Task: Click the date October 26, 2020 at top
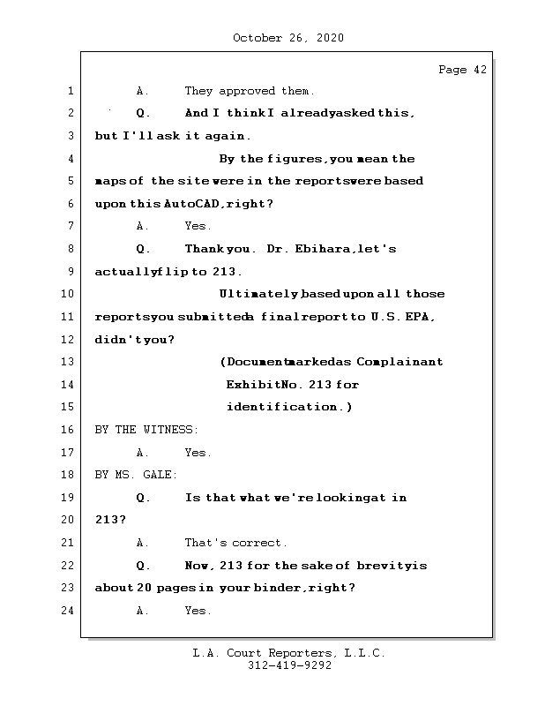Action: [288, 38]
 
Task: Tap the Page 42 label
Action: [462, 71]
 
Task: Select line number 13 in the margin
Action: [69, 362]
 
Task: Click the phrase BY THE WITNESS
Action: [146, 430]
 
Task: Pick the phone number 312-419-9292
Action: [289, 666]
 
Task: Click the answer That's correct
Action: [235, 543]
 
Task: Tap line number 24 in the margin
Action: [69, 611]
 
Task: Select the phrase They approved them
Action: [249, 91]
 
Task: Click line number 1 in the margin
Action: [69, 91]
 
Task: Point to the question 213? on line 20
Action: [110, 520]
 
